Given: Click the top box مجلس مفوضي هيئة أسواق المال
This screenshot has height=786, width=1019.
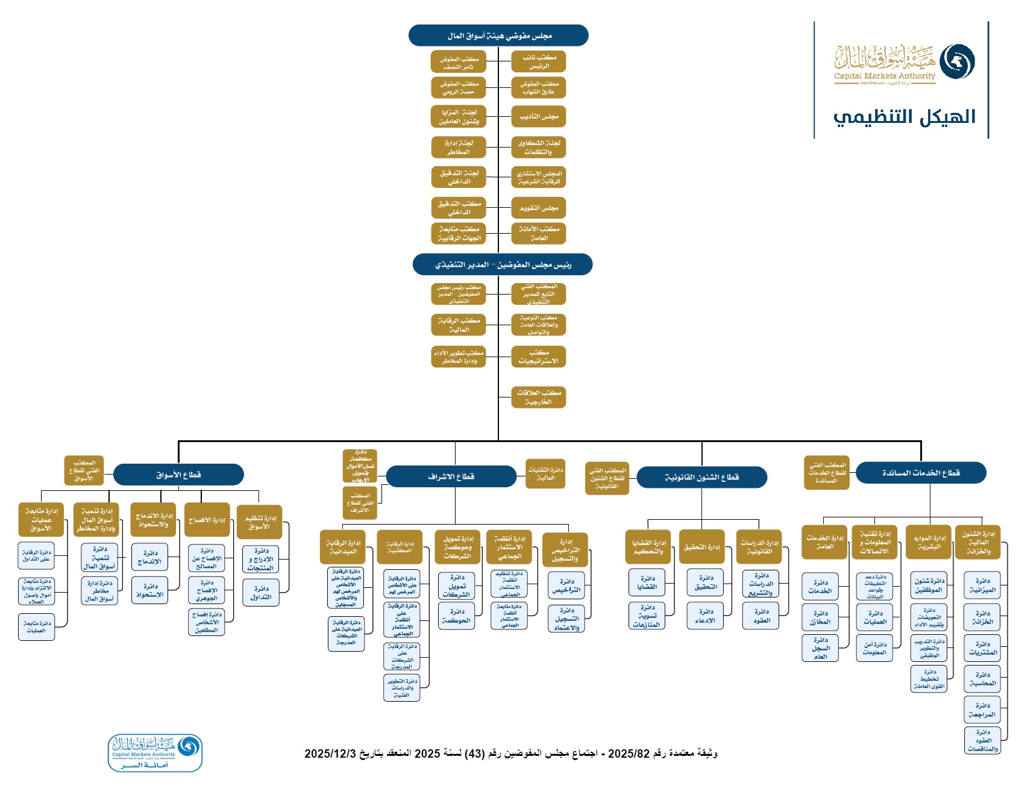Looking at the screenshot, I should (498, 36).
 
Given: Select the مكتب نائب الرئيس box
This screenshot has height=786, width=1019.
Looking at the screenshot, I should (538, 61).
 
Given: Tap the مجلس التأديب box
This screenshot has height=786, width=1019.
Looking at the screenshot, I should (538, 116).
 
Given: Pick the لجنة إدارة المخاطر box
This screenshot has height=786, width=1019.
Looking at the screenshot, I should (458, 148).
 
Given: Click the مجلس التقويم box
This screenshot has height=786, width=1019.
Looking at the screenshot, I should (538, 208).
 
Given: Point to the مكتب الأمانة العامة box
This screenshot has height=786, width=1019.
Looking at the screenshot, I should (538, 233).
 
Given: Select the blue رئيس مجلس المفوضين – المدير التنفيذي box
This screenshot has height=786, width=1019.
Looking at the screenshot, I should (503, 264).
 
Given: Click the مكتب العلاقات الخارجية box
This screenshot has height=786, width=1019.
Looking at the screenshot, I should (538, 398).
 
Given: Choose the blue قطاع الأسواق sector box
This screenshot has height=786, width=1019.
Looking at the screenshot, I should (178, 475).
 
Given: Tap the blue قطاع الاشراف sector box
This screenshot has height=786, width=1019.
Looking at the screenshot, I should (451, 476).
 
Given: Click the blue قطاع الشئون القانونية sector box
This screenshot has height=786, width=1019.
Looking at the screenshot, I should (701, 477).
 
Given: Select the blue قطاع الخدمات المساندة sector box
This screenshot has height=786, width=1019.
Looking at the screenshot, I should (921, 473).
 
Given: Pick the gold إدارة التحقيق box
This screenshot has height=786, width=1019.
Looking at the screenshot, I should (701, 547).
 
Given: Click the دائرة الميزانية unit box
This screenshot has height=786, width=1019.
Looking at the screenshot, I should (982, 585).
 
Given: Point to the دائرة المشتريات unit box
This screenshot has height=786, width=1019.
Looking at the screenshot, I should (982, 648).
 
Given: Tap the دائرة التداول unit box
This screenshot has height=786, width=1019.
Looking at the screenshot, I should (261, 593).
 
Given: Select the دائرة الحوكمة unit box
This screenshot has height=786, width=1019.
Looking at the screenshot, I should (456, 616).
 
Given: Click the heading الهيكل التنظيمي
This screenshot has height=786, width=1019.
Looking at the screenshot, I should (904, 117).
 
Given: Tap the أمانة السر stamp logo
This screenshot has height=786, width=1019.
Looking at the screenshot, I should (155, 753).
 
